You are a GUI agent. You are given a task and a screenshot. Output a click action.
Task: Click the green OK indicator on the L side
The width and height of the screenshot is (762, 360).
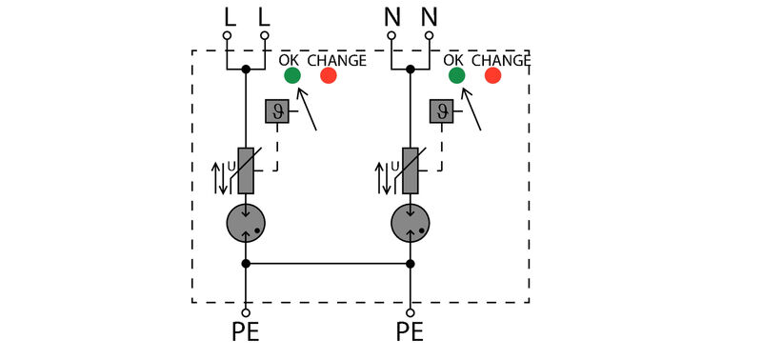pyautogui.click(x=291, y=75)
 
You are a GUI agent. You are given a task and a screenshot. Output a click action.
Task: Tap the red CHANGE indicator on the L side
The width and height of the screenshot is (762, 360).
pyautogui.click(x=328, y=75)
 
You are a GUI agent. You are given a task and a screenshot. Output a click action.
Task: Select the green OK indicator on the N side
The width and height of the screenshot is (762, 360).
pyautogui.click(x=456, y=75)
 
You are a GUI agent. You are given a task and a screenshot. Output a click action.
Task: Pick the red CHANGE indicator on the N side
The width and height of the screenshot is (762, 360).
pyautogui.click(x=492, y=75)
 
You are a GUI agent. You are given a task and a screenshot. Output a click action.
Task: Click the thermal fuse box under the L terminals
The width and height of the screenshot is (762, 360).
pyautogui.click(x=276, y=111)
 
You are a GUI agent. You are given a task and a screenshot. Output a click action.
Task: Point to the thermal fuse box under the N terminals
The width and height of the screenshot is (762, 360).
pyautogui.click(x=441, y=111)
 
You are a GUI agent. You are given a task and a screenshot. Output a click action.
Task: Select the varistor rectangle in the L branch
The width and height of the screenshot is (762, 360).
pyautogui.click(x=246, y=171)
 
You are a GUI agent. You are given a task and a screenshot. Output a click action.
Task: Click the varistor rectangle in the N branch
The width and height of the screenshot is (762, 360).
pyautogui.click(x=411, y=171)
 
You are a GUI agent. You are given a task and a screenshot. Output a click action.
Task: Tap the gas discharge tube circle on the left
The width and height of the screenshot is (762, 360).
pyautogui.click(x=246, y=224)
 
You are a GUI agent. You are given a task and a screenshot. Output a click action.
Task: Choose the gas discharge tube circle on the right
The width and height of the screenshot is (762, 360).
pyautogui.click(x=411, y=224)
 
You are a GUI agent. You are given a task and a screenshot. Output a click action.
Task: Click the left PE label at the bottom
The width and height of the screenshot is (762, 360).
pyautogui.click(x=245, y=333)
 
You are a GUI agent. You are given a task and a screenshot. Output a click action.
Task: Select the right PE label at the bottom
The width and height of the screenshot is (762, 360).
pyautogui.click(x=410, y=333)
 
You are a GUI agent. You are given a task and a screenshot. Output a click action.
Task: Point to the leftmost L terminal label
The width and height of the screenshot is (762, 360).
pyautogui.click(x=228, y=16)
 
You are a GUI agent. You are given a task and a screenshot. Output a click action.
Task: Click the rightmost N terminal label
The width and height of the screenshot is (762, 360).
pyautogui.click(x=430, y=16)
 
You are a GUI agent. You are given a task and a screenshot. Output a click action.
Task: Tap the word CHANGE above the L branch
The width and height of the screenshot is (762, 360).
pyautogui.click(x=336, y=60)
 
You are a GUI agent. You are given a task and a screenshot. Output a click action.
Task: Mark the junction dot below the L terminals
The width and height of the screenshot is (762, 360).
pyautogui.click(x=246, y=70)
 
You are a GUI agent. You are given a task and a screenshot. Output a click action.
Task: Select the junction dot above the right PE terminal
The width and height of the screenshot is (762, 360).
pyautogui.click(x=411, y=264)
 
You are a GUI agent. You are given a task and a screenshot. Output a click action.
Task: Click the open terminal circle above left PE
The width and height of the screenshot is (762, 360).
pyautogui.click(x=246, y=311)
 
